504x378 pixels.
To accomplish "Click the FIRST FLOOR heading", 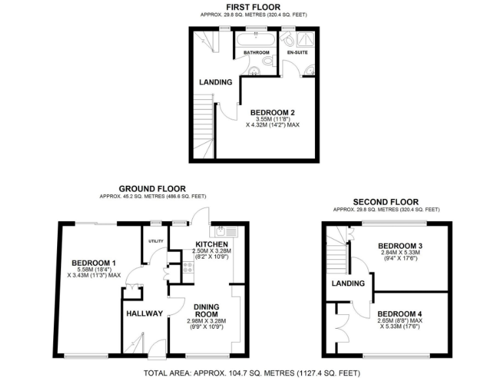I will tap(253, 7).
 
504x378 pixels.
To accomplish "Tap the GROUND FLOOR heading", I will tap(152, 188).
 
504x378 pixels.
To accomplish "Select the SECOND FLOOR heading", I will tap(386, 201).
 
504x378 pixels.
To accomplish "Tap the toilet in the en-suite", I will tap(287, 40).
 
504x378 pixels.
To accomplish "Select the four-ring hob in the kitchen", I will tap(187, 267).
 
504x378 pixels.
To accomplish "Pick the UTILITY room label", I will tap(156, 241).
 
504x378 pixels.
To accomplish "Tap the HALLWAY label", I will tap(144, 313).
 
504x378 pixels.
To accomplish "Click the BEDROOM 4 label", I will tap(400, 313).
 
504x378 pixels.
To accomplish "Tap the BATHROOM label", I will tap(257, 52).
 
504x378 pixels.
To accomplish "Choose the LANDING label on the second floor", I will tap(347, 283).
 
